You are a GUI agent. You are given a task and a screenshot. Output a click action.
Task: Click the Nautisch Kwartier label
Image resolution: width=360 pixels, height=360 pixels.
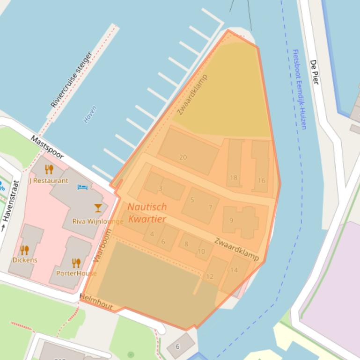[147, 212]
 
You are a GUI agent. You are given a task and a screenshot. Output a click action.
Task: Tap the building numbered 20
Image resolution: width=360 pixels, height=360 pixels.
[183, 157]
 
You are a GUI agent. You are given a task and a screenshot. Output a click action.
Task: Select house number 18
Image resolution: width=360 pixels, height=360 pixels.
[233, 178]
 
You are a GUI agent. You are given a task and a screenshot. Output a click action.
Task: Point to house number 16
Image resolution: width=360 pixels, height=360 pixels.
[261, 180]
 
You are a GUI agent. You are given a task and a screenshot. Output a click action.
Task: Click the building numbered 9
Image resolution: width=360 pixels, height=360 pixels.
[231, 220]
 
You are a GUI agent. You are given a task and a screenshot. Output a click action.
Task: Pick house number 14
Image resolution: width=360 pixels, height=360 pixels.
[234, 270]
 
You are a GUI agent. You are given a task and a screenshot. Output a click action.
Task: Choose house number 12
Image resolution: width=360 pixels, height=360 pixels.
[209, 276]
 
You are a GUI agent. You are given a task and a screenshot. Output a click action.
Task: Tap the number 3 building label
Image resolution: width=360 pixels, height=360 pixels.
[161, 188]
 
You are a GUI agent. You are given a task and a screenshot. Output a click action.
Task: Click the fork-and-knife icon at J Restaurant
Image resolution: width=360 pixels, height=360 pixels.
[49, 169]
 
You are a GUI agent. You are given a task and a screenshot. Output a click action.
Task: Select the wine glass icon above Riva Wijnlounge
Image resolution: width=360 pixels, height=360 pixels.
[98, 208]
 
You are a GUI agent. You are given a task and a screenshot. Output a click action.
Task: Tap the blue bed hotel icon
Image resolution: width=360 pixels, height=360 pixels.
[82, 187]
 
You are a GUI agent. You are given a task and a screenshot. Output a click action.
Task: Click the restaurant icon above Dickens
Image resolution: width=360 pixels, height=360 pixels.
[24, 250]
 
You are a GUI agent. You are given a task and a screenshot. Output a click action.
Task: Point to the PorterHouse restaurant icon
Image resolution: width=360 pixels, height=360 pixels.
[76, 263]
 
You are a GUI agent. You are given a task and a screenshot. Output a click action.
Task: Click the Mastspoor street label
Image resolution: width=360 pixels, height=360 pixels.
[47, 147]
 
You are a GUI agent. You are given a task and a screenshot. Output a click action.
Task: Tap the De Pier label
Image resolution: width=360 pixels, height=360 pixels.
[315, 72]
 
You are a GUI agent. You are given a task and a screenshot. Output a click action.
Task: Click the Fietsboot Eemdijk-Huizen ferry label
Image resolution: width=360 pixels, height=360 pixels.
[299, 89]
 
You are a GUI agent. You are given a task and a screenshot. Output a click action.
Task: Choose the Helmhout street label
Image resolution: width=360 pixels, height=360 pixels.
[96, 302]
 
